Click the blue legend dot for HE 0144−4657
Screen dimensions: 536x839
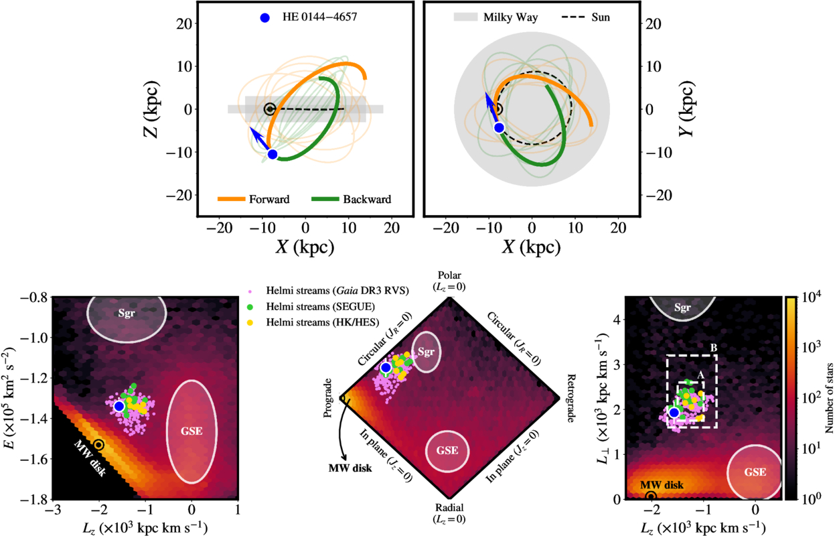click(x=265, y=18)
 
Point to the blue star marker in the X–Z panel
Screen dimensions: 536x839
click(x=273, y=154)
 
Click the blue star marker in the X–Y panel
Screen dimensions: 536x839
click(x=499, y=128)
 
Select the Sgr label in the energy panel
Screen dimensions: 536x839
click(x=126, y=314)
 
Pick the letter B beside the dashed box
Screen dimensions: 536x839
click(x=714, y=348)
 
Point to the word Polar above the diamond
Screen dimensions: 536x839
click(x=451, y=276)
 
